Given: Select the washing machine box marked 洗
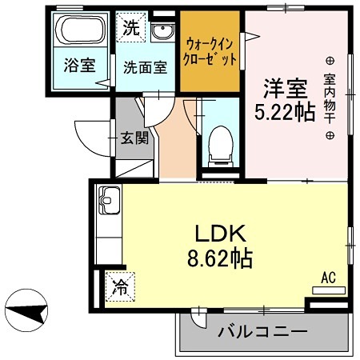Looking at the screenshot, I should pyautogui.click(x=130, y=26).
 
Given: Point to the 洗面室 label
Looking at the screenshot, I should pyautogui.click(x=145, y=67).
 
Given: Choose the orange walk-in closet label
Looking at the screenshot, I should pyautogui.click(x=210, y=51).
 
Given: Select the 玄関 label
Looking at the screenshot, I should pyautogui.click(x=135, y=137).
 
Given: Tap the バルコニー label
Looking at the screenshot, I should pyautogui.click(x=251, y=330).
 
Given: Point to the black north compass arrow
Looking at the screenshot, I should pyautogui.click(x=29, y=310).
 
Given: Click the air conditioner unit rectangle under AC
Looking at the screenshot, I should pyautogui.click(x=327, y=291).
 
